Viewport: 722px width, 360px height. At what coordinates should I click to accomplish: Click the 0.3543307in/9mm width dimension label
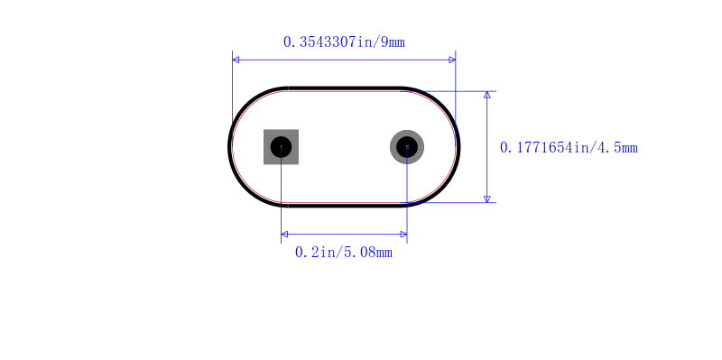click(x=344, y=42)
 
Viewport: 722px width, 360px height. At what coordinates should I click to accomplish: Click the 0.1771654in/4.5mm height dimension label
click(x=569, y=148)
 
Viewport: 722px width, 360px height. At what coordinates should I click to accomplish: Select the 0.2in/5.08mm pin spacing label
click(x=344, y=253)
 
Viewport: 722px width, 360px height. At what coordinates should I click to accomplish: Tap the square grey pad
click(x=281, y=147)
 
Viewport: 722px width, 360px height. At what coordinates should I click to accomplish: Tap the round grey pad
click(x=407, y=147)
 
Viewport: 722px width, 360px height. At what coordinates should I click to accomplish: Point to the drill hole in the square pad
click(x=281, y=147)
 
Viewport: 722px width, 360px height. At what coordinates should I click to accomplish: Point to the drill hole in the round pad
click(x=407, y=147)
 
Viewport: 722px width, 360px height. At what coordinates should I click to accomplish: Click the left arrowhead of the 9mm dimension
click(x=236, y=60)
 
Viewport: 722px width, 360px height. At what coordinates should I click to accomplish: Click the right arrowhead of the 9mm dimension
click(x=452, y=60)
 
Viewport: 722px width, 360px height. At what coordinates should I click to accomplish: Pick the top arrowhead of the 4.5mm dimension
click(x=487, y=95)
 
